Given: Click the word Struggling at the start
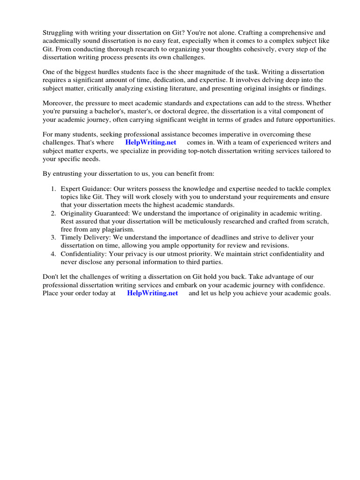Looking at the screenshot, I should (59, 33).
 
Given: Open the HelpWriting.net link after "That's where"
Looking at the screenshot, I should (150, 142).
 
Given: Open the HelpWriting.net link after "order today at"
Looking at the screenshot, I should (152, 293).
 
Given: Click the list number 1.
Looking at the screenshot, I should (53, 188).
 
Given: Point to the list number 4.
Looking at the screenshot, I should (53, 254).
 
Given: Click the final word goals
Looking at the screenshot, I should (322, 293).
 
